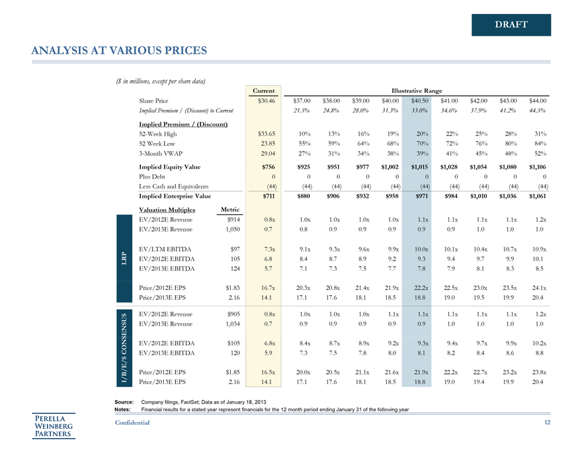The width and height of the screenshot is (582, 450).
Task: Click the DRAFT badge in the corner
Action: (x=511, y=25)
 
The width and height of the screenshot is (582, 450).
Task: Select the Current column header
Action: (x=264, y=90)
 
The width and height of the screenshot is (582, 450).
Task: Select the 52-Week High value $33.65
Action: (x=264, y=133)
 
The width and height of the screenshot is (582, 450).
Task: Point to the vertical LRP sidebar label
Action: (x=124, y=258)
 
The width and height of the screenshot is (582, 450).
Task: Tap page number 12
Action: (x=546, y=422)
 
